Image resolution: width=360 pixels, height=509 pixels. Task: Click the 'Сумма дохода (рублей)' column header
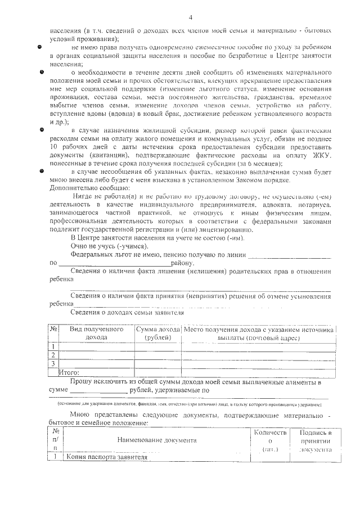click(157, 332)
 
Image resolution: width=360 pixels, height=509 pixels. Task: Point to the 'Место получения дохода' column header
click(259, 332)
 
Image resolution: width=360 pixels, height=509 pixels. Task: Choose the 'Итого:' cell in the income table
click(69, 372)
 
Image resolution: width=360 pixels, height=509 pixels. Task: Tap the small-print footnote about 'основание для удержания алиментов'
click(191, 404)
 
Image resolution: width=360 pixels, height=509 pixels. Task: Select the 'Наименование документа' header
click(157, 440)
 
